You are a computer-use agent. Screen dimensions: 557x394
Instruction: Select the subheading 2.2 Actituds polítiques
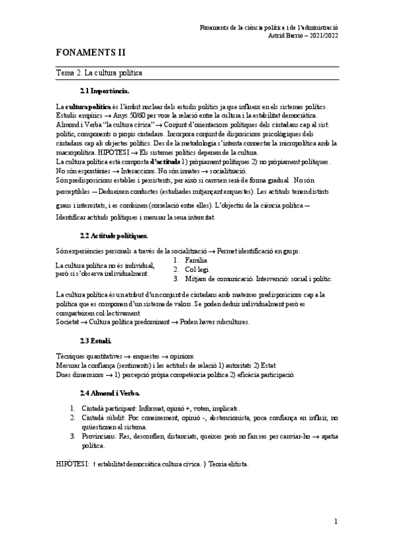coord(113,234)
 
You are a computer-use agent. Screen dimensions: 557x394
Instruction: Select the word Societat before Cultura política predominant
coord(68,322)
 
